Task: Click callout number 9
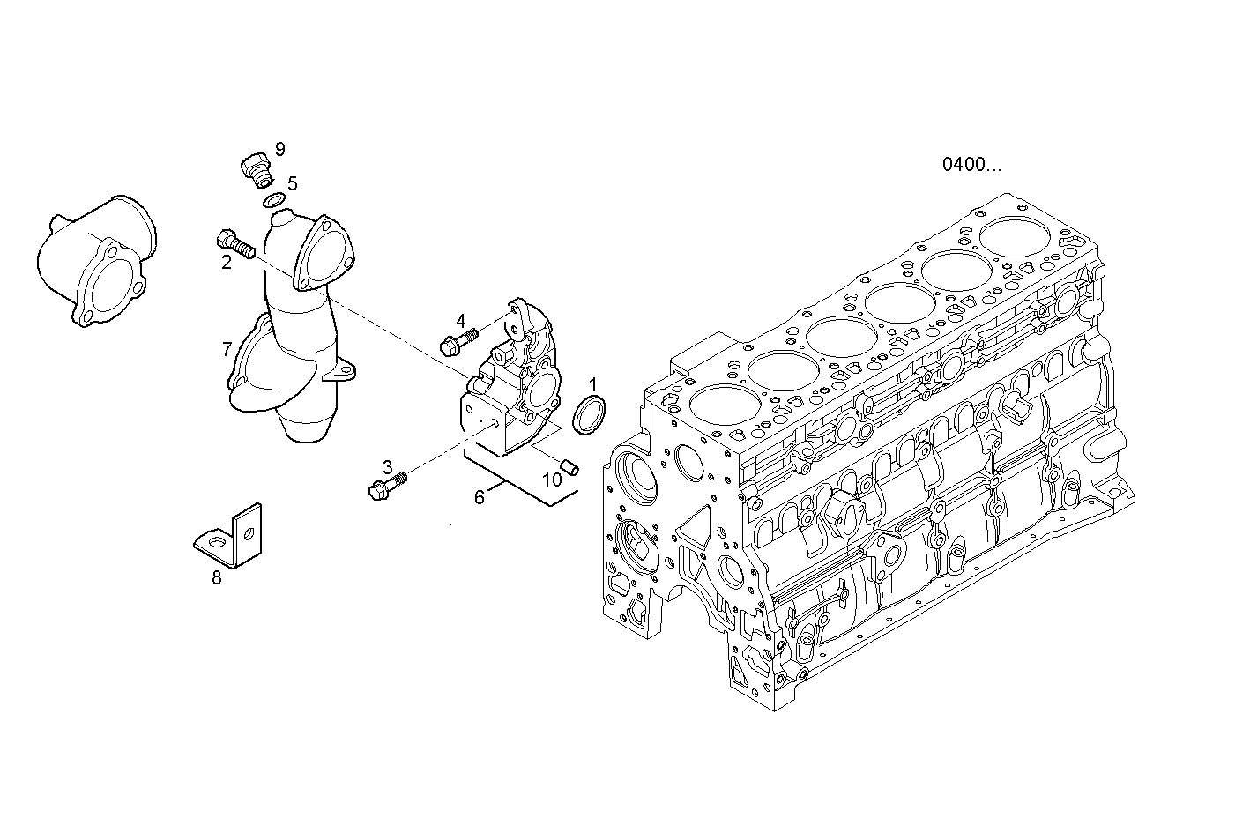click(x=280, y=148)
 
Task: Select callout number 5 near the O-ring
click(x=292, y=183)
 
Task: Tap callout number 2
click(x=227, y=262)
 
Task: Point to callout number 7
click(x=227, y=349)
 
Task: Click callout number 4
click(x=460, y=319)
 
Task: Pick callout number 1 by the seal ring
click(x=593, y=384)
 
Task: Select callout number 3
click(x=387, y=466)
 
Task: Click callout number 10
click(x=552, y=480)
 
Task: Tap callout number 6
click(x=480, y=497)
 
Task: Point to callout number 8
click(x=216, y=578)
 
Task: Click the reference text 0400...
click(x=971, y=164)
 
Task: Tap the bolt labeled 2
click(x=234, y=244)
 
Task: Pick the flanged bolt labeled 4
click(x=457, y=340)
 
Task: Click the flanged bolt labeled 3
click(x=386, y=485)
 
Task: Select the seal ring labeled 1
click(x=589, y=415)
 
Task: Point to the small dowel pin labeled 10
click(x=569, y=465)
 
